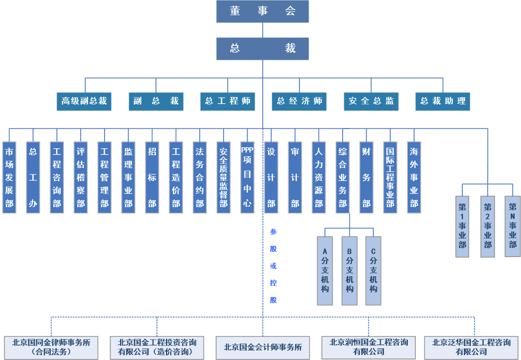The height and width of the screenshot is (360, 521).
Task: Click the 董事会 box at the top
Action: click(x=263, y=11)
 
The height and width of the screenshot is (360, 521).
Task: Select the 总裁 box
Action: click(x=263, y=49)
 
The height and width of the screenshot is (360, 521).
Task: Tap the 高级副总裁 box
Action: click(x=84, y=101)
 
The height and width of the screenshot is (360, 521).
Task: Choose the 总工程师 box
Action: click(x=227, y=101)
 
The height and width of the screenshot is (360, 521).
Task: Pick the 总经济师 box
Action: click(x=299, y=101)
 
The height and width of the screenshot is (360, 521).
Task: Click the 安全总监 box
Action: click(x=371, y=101)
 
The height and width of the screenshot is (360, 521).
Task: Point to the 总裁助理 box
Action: click(x=443, y=101)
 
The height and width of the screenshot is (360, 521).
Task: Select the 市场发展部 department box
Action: click(x=9, y=178)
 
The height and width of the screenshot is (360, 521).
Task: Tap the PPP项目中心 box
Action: click(x=247, y=178)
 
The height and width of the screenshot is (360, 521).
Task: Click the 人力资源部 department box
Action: click(x=319, y=178)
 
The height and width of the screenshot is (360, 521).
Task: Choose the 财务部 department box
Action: click(x=367, y=178)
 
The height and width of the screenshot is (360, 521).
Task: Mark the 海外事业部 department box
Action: click(x=414, y=178)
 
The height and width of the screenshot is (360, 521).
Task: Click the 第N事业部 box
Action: click(x=512, y=226)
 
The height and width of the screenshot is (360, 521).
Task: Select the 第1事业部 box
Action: click(x=462, y=227)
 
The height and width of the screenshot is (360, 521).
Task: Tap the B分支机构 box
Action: click(x=350, y=270)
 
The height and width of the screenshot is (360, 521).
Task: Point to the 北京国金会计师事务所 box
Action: click(x=263, y=348)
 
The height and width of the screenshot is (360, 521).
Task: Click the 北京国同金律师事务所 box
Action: click(x=51, y=347)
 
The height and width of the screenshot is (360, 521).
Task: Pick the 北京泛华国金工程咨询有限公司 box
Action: click(x=471, y=347)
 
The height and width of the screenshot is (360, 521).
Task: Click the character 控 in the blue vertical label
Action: click(x=273, y=283)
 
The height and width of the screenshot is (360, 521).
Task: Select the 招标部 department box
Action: click(x=152, y=178)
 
